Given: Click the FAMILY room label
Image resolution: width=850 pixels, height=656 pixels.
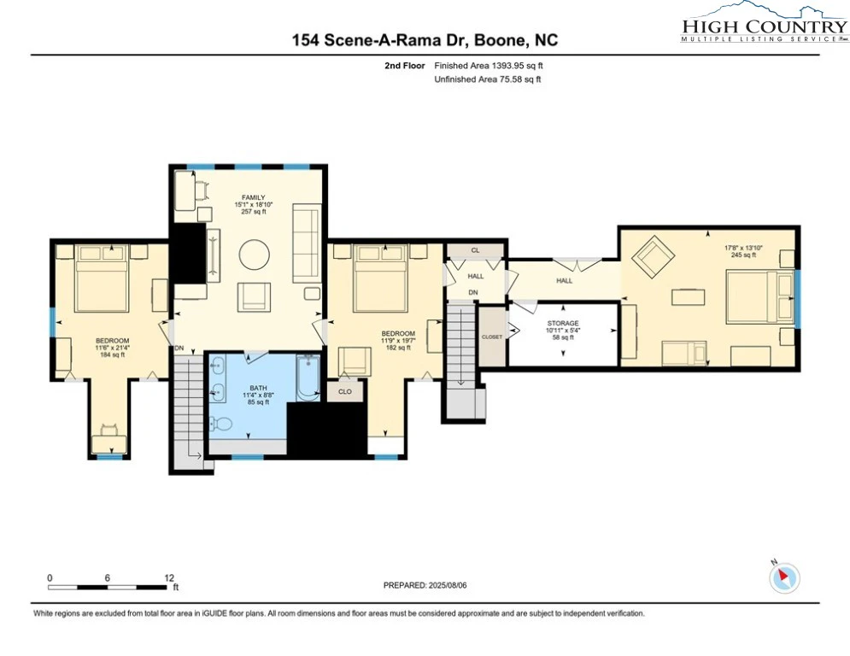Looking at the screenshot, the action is click(253, 197).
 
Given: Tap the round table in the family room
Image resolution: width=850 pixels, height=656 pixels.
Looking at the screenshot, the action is click(255, 255).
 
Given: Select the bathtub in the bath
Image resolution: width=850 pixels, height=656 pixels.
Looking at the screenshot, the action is click(308, 378).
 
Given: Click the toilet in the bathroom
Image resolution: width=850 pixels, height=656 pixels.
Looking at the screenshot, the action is click(220, 423).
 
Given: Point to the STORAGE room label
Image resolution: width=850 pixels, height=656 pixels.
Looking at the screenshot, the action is click(563, 323).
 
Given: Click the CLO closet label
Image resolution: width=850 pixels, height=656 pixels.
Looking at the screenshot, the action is click(345, 391).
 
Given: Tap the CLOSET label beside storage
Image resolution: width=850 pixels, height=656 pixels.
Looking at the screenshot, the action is click(492, 337).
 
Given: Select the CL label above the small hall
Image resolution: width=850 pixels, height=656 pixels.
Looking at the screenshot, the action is click(476, 250).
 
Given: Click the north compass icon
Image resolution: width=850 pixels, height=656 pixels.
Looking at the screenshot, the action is click(784, 577).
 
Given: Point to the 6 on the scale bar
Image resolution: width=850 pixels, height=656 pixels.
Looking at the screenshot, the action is click(108, 578).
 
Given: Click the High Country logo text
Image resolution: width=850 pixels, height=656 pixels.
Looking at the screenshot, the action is click(765, 26).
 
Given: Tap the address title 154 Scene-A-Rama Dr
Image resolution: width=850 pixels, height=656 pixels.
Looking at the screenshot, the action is click(382, 40).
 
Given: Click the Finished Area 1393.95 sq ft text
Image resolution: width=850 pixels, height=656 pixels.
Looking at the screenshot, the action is click(489, 66).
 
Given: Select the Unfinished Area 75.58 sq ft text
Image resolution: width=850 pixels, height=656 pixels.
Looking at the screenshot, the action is click(488, 79).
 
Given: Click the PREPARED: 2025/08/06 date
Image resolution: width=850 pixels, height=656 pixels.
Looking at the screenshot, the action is click(425, 585).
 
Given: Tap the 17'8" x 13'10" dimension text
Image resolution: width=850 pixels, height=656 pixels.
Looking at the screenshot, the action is click(743, 248).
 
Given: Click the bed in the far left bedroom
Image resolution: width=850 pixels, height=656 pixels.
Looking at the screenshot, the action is click(102, 278).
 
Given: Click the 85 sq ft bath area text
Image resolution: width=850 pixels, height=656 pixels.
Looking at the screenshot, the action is click(258, 402).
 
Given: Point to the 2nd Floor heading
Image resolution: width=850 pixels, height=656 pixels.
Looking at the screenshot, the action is click(405, 66).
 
